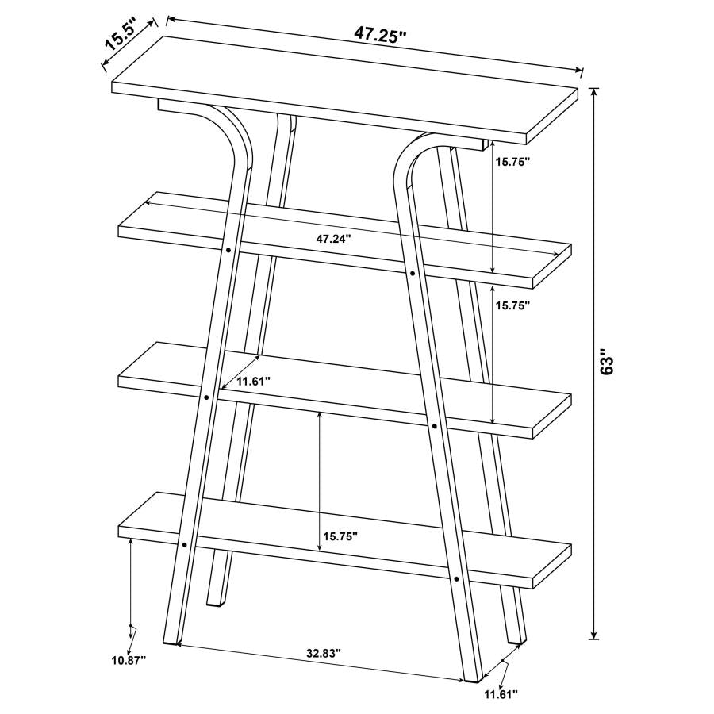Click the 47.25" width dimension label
pos(380,35)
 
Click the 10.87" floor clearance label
pos(129,659)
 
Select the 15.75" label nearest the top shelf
pos(512,161)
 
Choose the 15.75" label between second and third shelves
pos(512,305)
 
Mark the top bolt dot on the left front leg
pos(228,249)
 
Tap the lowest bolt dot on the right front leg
pos(457,581)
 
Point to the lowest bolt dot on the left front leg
pos(184,545)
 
